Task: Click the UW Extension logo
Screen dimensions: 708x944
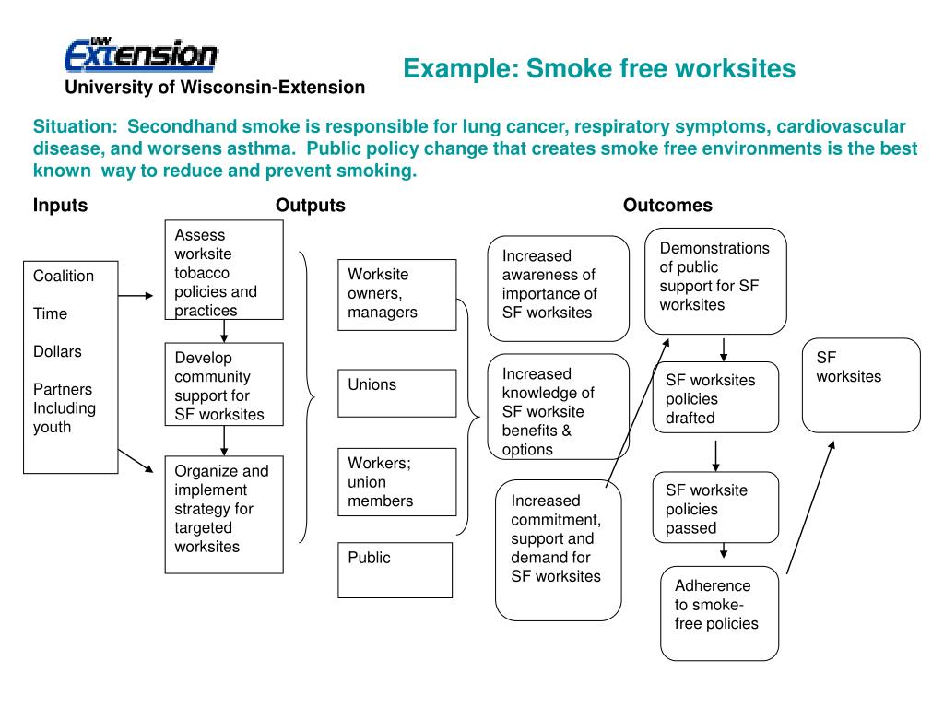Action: pyautogui.click(x=141, y=54)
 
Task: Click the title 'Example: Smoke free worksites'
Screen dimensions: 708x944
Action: pyautogui.click(x=599, y=68)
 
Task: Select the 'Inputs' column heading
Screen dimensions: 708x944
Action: pyautogui.click(x=61, y=206)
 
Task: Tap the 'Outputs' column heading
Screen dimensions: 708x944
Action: pyautogui.click(x=311, y=206)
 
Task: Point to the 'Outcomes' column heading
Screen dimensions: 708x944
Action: pyautogui.click(x=667, y=206)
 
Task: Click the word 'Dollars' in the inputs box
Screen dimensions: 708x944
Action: pyautogui.click(x=57, y=351)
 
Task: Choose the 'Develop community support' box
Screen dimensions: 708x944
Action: pyautogui.click(x=224, y=385)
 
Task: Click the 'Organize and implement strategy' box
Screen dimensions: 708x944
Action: pyautogui.click(x=224, y=513)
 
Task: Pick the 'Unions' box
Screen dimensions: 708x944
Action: pyautogui.click(x=397, y=393)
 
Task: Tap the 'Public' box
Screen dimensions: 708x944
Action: pyautogui.click(x=397, y=569)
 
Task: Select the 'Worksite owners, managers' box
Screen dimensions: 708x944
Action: pyautogui.click(x=397, y=294)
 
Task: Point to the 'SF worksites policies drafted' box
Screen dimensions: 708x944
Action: pyautogui.click(x=716, y=398)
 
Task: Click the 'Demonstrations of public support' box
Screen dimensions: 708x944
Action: pyautogui.click(x=715, y=280)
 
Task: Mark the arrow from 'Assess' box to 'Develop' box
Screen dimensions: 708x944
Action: pyautogui.click(x=224, y=331)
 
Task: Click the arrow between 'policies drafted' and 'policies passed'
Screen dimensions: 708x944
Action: pyautogui.click(x=716, y=454)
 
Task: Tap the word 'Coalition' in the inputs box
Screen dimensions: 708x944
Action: pyautogui.click(x=64, y=276)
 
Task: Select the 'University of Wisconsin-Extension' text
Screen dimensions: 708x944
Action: pyautogui.click(x=214, y=87)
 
